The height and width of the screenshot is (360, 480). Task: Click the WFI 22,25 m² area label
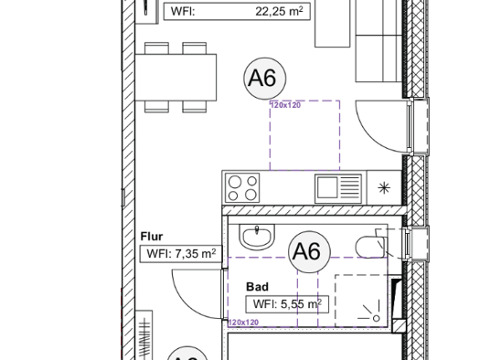pos(237,12)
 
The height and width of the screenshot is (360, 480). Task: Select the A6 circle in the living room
pos(261,79)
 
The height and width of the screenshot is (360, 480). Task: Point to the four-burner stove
pos(243,187)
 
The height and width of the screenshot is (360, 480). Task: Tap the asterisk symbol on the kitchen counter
pos(383,188)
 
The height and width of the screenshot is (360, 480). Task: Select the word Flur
pos(152,237)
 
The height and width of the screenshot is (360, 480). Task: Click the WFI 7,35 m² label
pos(180,254)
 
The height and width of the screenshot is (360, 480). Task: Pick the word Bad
pos(257,287)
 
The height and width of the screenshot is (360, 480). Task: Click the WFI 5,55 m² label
pos(286,304)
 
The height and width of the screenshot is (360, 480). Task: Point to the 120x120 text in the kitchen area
pos(285,106)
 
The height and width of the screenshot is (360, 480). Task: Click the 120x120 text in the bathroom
pos(243,323)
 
